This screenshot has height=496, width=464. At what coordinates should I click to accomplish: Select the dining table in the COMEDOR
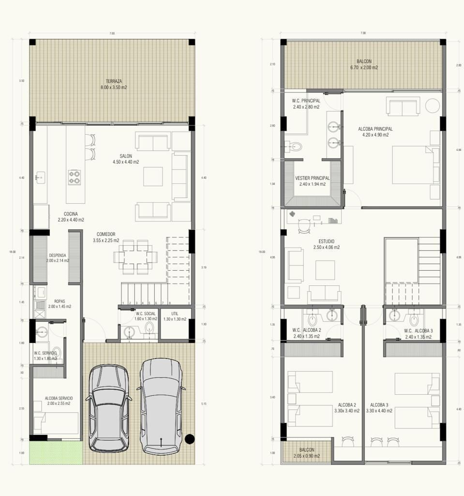pos(135,257)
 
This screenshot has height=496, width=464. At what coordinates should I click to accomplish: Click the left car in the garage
pos(109,408)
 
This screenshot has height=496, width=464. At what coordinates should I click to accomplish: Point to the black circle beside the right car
pos(190,439)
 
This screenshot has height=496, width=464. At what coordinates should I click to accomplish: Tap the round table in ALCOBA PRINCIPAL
pos(432,105)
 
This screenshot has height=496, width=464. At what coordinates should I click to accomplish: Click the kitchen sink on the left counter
pos(40,177)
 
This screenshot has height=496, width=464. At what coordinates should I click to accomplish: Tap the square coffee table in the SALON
pos(153,176)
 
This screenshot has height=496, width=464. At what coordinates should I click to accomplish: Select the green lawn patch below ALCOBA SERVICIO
pos(55,452)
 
